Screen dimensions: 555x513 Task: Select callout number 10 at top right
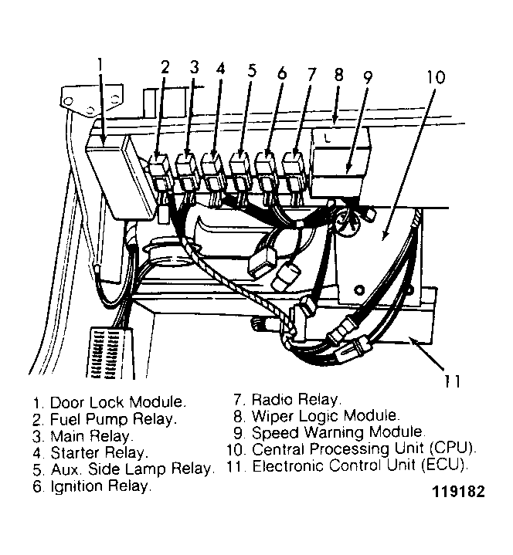(x=436, y=78)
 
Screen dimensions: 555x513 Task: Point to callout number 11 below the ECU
(x=454, y=381)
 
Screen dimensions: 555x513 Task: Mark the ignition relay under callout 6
(x=267, y=168)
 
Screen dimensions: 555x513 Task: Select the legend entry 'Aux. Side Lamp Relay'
(x=122, y=469)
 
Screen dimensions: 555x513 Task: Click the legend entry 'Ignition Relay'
(x=92, y=486)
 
